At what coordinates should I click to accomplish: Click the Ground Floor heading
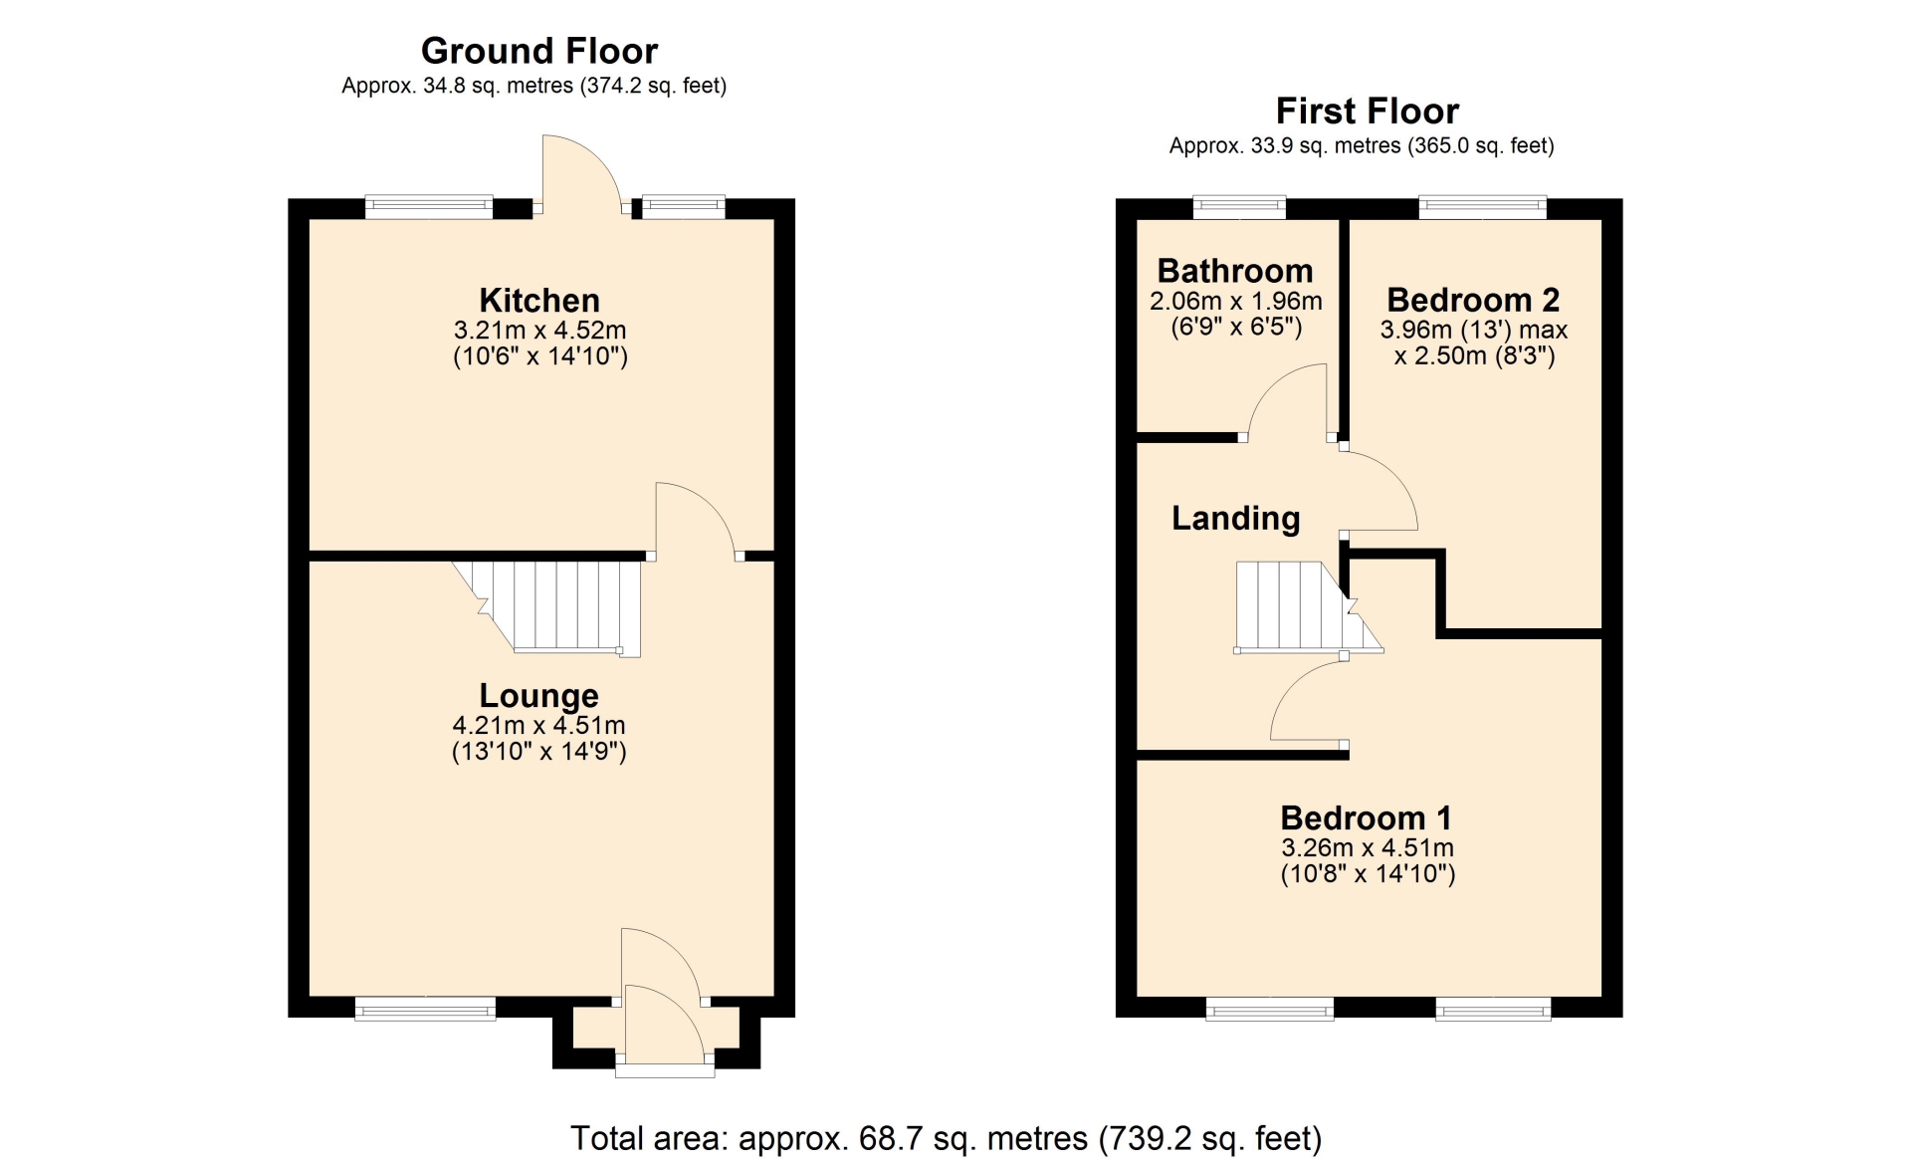coord(539,51)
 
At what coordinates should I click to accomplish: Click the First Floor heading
coord(1367,111)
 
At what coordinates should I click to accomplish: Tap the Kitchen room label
coord(539,300)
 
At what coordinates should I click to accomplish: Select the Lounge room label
coord(539,695)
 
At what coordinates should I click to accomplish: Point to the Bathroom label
coord(1235,271)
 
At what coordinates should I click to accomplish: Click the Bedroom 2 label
coord(1473,300)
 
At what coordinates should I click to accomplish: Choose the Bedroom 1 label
coord(1366,818)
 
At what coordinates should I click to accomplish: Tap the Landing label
coord(1236,519)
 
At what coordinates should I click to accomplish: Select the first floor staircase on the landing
coord(1308,607)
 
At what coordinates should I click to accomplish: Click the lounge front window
coord(425,1009)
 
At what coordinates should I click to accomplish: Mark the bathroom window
coord(1239,207)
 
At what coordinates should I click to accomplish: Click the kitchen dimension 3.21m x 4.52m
coord(539,331)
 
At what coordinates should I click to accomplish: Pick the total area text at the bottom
coord(946,1138)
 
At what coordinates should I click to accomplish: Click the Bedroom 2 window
coord(1483,207)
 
